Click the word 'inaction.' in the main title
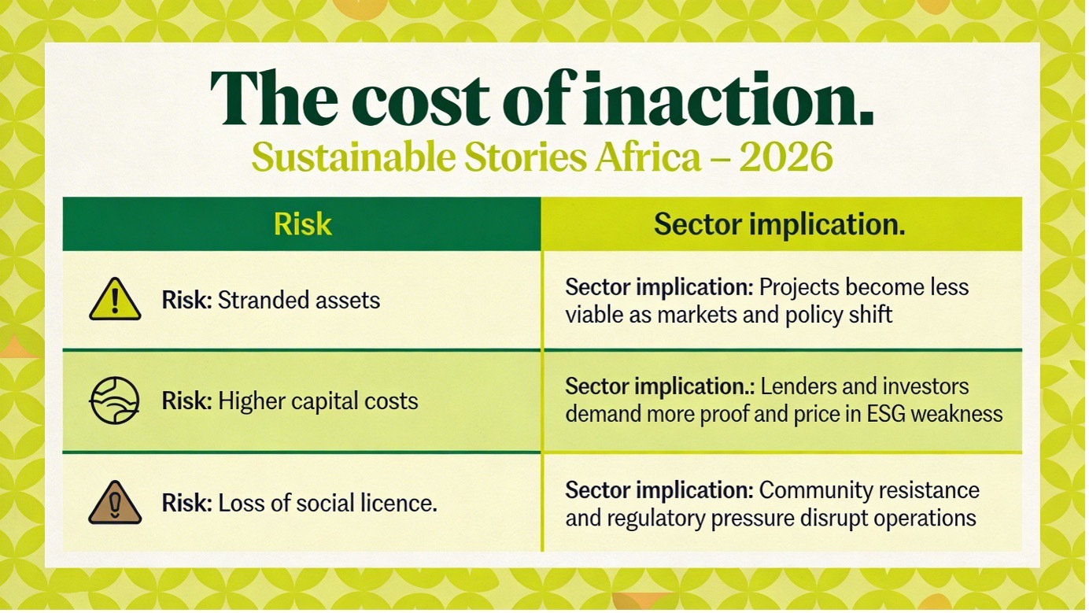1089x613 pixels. [729, 99]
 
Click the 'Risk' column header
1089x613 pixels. [302, 224]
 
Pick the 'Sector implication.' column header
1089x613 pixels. [779, 224]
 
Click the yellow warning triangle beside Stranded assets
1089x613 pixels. [115, 299]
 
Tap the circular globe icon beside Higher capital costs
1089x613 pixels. [115, 401]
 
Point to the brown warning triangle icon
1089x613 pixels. [115, 503]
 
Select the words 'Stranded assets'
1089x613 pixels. [298, 300]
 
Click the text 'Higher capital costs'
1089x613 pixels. [318, 401]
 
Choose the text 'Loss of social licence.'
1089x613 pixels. [327, 503]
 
